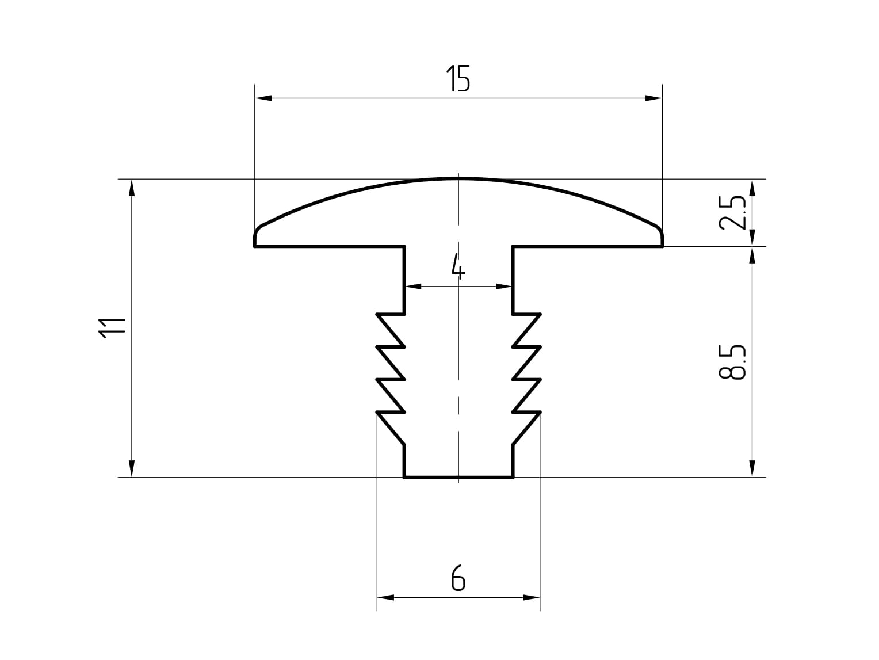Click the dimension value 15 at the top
point(458,79)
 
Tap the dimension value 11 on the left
point(112,328)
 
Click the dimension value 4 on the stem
point(457,266)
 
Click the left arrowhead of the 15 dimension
point(263,98)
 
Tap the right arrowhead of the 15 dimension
point(654,98)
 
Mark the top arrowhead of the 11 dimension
point(132,188)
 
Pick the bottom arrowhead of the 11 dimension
point(132,469)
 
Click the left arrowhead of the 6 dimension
point(385,598)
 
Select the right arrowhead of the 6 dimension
point(532,598)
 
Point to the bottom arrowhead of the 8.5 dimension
point(751,469)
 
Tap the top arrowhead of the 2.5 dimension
point(751,188)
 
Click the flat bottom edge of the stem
point(458,477)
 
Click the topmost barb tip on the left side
point(377,314)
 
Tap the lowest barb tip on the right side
point(540,413)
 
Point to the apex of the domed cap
point(458,178)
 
